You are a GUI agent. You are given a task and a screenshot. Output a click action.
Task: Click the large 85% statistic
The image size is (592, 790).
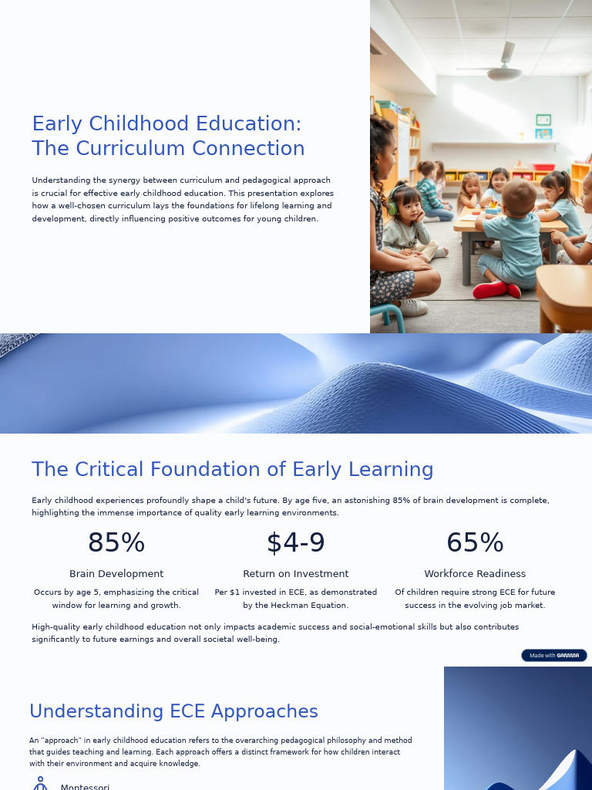coord(116,543)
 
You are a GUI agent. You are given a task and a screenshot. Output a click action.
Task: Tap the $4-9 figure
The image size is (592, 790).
coord(296,543)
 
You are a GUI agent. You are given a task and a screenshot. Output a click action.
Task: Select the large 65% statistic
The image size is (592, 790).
coord(475,543)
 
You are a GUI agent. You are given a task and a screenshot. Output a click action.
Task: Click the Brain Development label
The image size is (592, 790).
coord(116,574)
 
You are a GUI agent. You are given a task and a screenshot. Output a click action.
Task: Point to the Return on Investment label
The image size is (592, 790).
coord(296,574)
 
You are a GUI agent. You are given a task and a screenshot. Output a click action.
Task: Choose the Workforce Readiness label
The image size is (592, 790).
coord(475,574)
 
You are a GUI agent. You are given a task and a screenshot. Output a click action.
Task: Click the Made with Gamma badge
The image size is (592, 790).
coord(553,655)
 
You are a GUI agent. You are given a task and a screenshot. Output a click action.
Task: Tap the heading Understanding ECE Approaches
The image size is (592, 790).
coord(173,711)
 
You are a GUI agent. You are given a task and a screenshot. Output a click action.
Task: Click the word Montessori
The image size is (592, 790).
coord(85,786)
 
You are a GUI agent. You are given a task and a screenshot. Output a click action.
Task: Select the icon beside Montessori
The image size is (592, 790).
coord(40,784)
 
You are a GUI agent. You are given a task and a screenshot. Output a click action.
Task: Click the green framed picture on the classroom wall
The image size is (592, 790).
coord(543,120)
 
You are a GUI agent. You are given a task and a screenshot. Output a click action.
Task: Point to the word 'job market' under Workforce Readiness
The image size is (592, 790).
coord(521,606)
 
